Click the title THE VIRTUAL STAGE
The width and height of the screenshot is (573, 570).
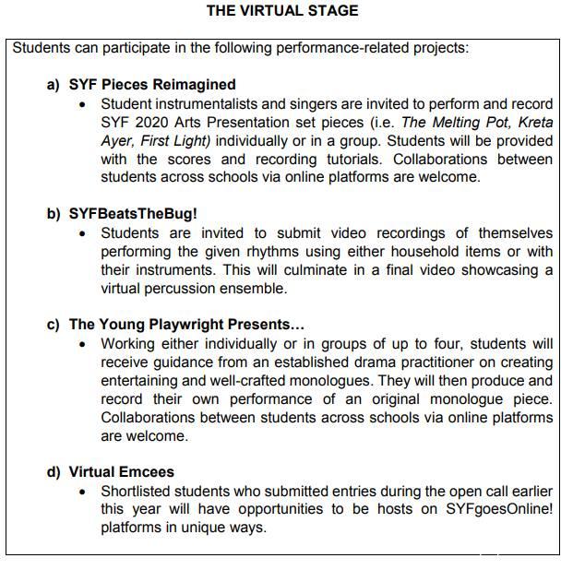pyautogui.click(x=281, y=11)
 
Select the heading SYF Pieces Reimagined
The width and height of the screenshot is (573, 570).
pyautogui.click(x=152, y=84)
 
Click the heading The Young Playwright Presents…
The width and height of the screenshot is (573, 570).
pyautogui.click(x=186, y=325)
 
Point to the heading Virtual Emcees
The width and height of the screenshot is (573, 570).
pyautogui.click(x=121, y=472)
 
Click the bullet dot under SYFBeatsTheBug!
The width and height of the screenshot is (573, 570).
pyautogui.click(x=84, y=233)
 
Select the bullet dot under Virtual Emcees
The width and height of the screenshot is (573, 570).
pyautogui.click(x=84, y=492)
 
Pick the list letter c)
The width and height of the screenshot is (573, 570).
pyautogui.click(x=54, y=325)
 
